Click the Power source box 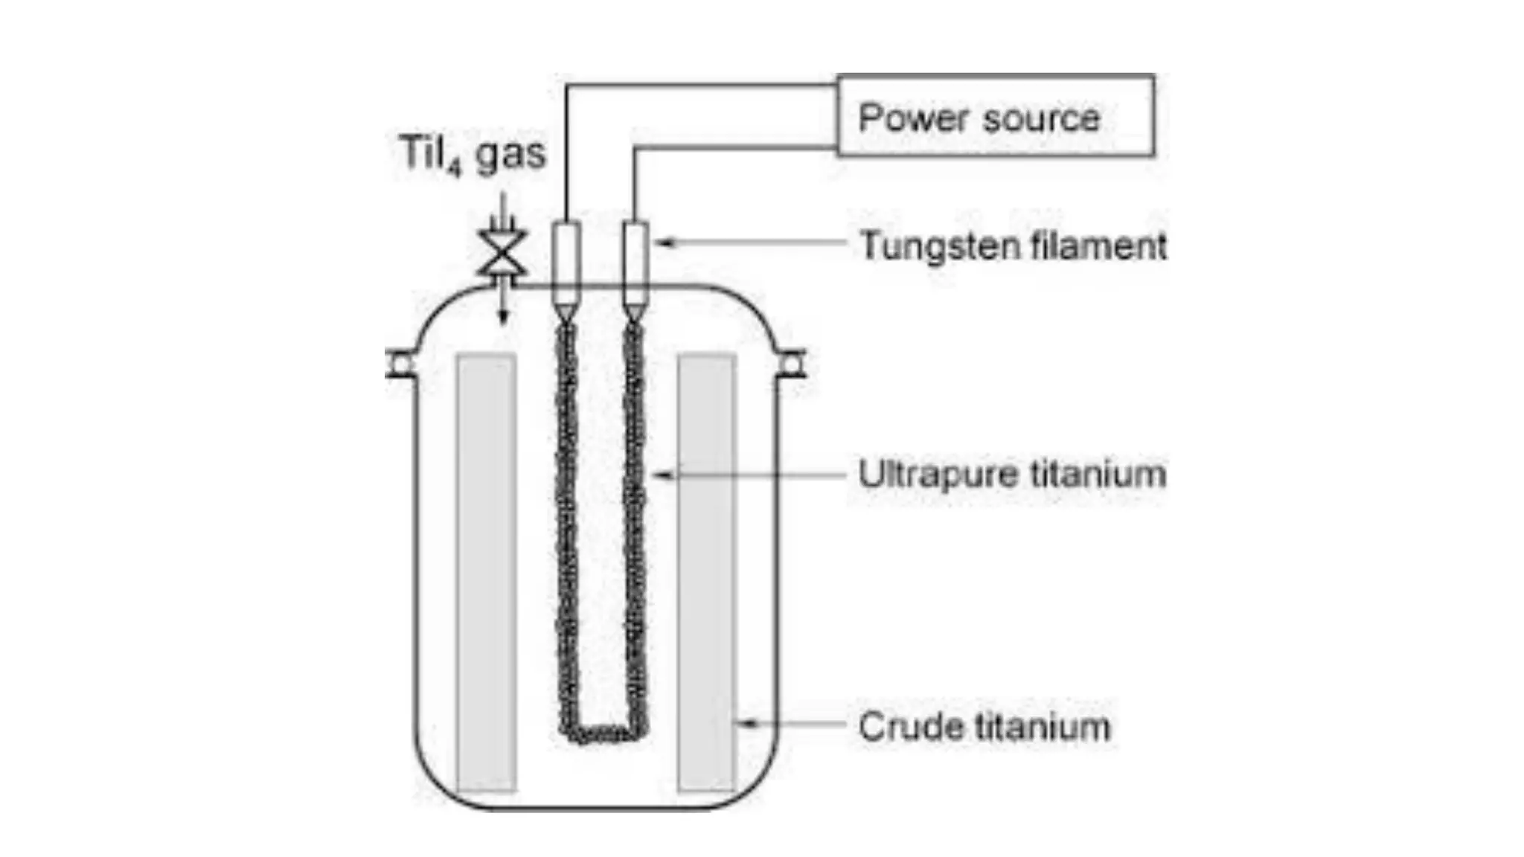point(996,115)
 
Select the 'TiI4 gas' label point(473,155)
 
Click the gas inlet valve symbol point(503,253)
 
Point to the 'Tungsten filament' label point(1012,245)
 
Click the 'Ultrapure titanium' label point(1011,475)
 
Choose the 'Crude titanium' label point(984,727)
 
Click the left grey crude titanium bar point(487,573)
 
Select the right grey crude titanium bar point(706,573)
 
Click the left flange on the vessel point(400,364)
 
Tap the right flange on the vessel point(792,364)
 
